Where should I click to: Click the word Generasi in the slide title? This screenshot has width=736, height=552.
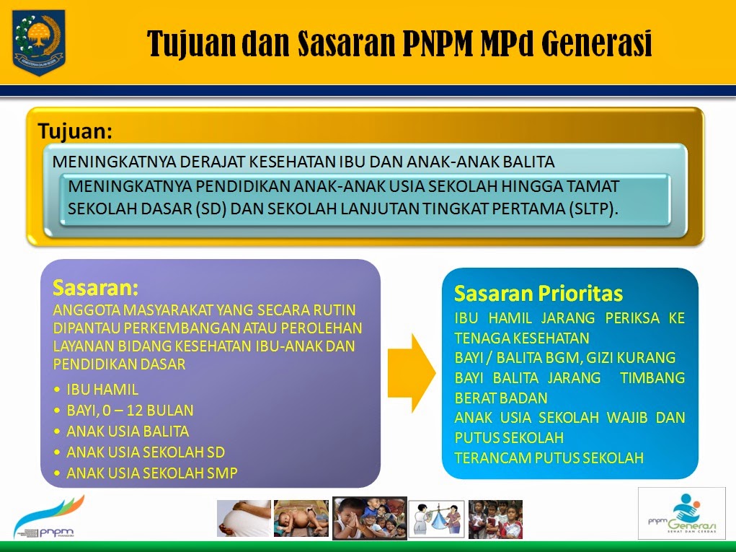tap(596, 44)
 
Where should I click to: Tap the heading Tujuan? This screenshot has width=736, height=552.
tap(75, 131)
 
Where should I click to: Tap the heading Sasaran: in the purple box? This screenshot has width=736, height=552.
tap(95, 287)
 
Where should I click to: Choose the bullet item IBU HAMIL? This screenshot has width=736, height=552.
tap(102, 390)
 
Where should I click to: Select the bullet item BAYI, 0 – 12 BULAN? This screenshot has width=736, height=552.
tap(130, 411)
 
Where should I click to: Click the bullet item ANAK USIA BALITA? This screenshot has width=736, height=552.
tap(128, 431)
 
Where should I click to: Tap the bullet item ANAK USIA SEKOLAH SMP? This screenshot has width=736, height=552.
tap(151, 473)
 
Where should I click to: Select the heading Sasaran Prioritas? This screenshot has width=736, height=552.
tap(538, 294)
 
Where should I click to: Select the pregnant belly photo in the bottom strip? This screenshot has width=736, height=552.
tap(244, 519)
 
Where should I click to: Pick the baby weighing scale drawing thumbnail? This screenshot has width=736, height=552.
tap(437, 519)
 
